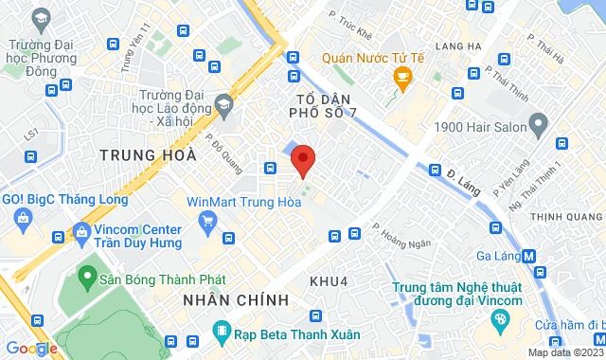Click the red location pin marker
coord(303,159)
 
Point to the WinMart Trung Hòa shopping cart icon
coord(207,221)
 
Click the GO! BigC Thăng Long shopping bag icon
coord(21,221)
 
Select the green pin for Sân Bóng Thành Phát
coord(87,278)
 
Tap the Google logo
coord(32,348)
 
